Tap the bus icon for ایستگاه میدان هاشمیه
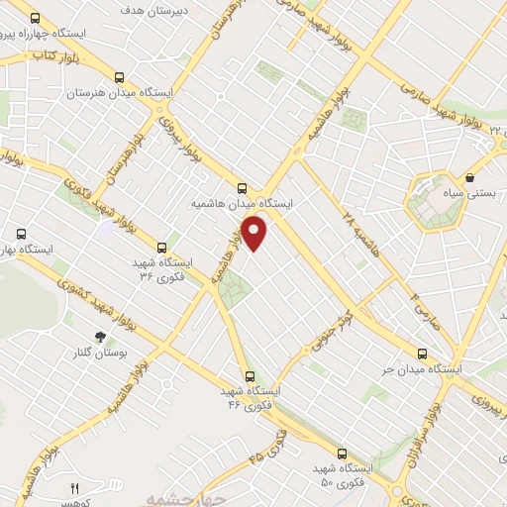(x=243, y=186)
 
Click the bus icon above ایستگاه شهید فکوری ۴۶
(x=249, y=375)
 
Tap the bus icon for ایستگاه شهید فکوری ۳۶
(x=161, y=248)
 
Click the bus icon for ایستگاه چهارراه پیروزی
(x=36, y=18)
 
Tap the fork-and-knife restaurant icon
(x=73, y=489)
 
